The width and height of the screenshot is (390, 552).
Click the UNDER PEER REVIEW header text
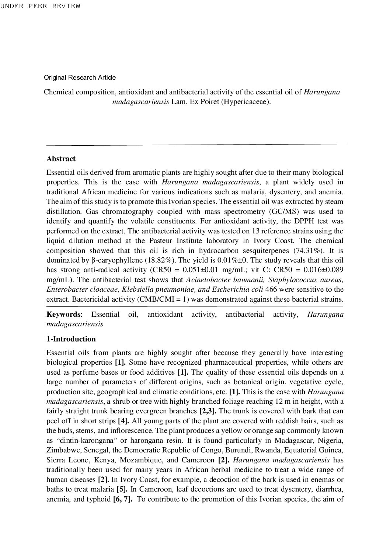coord(40,6)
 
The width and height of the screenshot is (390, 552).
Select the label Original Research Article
coord(80,77)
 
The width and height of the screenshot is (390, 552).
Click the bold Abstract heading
coord(61,159)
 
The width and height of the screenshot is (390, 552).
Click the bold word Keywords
coord(63,315)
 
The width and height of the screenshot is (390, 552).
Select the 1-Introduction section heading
coord(71,339)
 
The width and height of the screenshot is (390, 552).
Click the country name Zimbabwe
coord(63,450)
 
